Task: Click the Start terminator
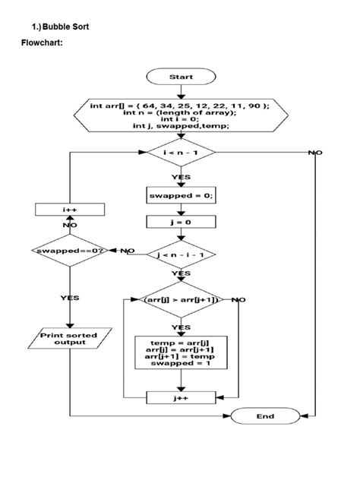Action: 180,77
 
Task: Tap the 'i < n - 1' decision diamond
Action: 180,153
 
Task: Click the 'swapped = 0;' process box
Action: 180,195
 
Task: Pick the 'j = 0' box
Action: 180,223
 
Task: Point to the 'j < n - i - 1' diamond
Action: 181,253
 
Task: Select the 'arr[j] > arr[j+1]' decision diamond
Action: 180,300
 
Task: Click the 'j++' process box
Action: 180,396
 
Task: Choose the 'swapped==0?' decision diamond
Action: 69,250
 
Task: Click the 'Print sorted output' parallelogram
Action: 69,338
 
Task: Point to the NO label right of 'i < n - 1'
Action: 314,153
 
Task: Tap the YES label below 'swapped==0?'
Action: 69,298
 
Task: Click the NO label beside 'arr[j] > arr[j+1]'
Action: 238,300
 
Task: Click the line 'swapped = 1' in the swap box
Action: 180,364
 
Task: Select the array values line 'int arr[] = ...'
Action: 180,106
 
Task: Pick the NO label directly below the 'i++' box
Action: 69,226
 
